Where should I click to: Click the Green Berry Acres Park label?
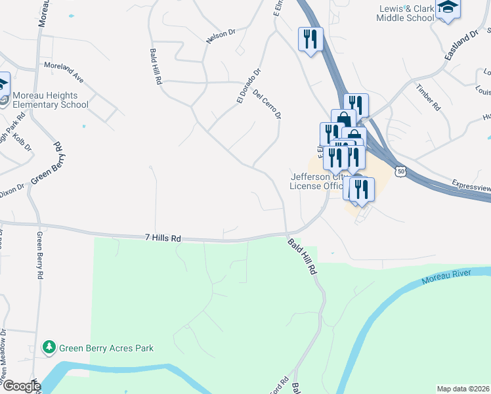pos(106,348)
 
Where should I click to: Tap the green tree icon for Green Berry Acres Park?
pos(49,347)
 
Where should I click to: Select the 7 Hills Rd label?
pos(162,238)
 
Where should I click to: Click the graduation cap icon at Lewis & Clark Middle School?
pos(449,8)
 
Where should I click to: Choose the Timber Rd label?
pos(427,97)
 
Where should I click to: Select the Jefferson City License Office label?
pos(318,181)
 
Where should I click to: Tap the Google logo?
pos(21,386)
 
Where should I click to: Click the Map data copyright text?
pos(462,389)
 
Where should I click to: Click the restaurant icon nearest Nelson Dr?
pos(309,39)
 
